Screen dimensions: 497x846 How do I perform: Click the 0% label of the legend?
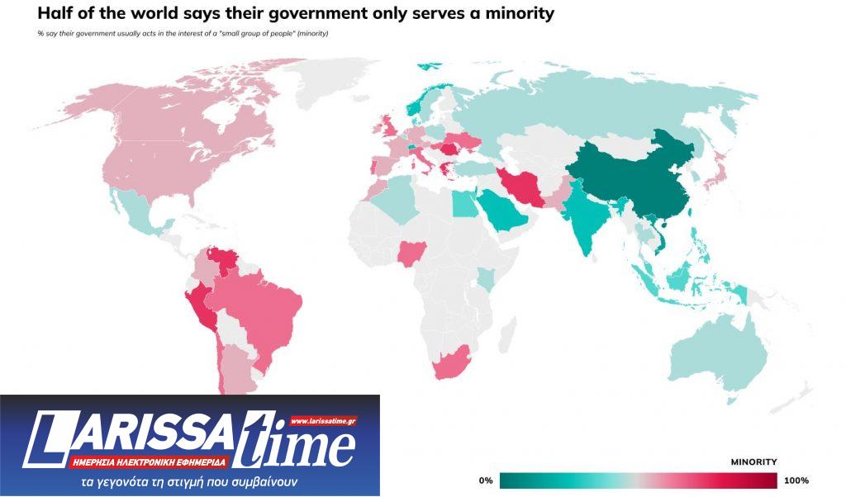486,480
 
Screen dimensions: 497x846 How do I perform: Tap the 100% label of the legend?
796,480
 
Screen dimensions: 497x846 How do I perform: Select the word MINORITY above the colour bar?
753,461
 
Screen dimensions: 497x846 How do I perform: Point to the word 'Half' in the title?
55,14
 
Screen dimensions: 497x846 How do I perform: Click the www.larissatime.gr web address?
323,421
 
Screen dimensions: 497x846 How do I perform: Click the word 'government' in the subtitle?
93,33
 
